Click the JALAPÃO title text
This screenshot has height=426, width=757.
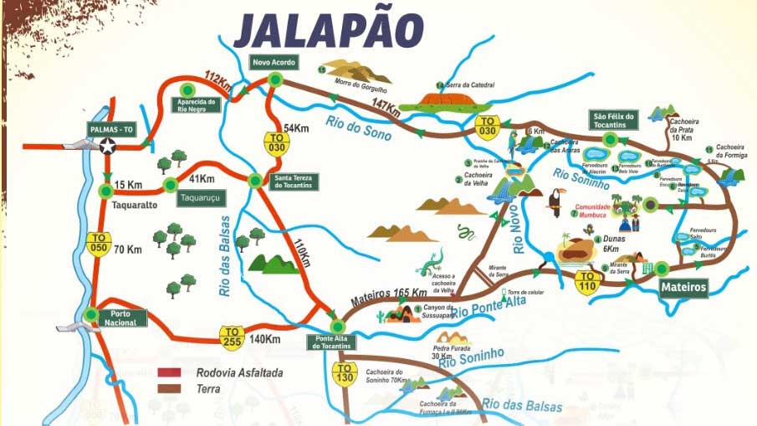[x=328, y=31]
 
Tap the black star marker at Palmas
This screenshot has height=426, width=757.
[x=108, y=146]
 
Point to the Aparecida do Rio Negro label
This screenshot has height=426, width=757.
[x=193, y=105]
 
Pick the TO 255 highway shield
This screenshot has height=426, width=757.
[x=232, y=336]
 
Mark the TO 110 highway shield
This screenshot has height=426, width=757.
[x=588, y=281]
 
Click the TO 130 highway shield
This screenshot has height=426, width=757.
[x=344, y=372]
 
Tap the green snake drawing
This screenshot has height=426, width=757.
[x=466, y=232]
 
